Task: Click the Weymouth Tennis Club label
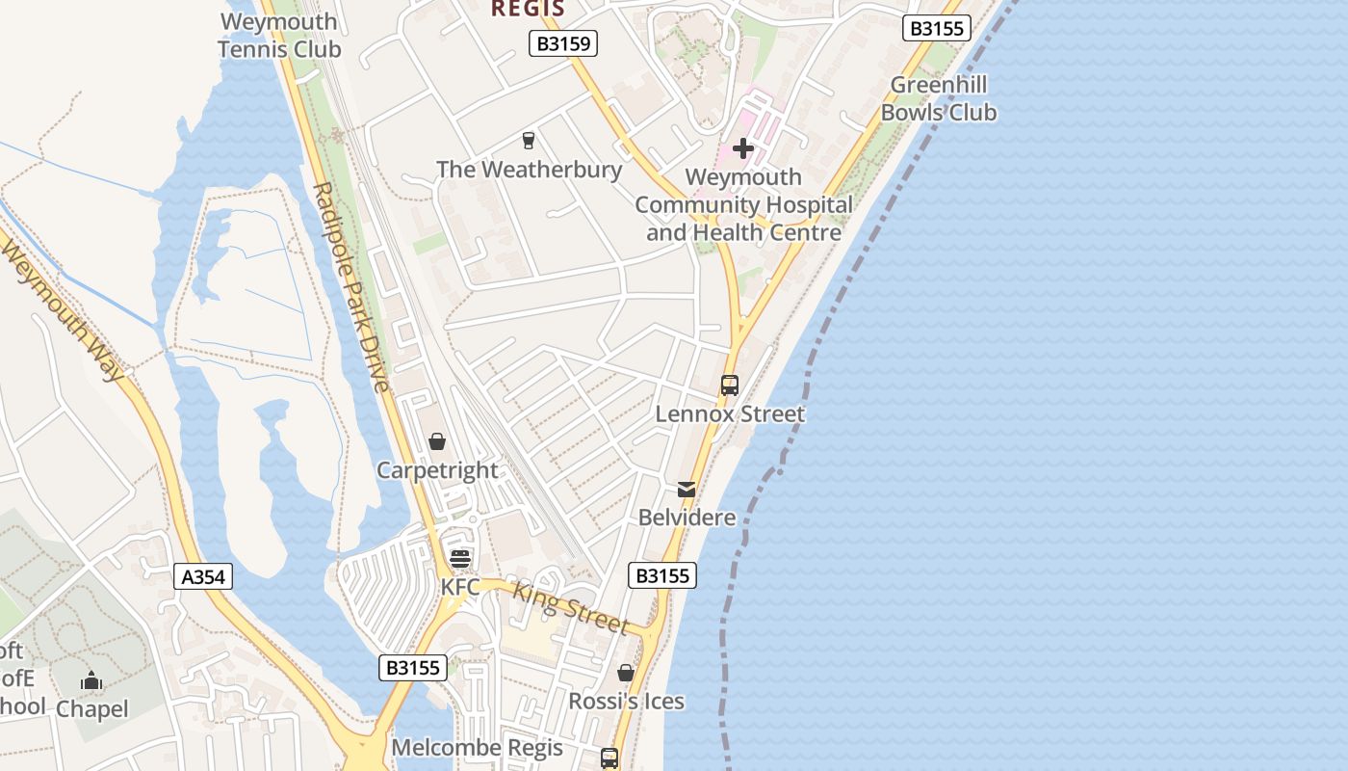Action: point(279,36)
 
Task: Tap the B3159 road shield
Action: point(563,43)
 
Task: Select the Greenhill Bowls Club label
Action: point(939,98)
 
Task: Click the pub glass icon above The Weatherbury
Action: point(528,141)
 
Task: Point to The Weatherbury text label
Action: point(530,170)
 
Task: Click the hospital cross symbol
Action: point(743,148)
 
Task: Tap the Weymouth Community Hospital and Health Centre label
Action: point(743,205)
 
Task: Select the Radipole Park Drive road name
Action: point(351,286)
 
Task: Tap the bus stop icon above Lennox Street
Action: point(730,385)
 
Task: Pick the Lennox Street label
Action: point(730,414)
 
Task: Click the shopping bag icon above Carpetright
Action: point(437,441)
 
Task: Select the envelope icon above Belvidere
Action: point(687,489)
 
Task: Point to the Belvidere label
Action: point(687,518)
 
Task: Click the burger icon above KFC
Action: point(460,559)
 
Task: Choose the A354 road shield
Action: point(204,576)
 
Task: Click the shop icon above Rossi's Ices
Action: point(626,673)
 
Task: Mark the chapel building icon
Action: point(91,681)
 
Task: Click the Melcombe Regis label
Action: point(477,748)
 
